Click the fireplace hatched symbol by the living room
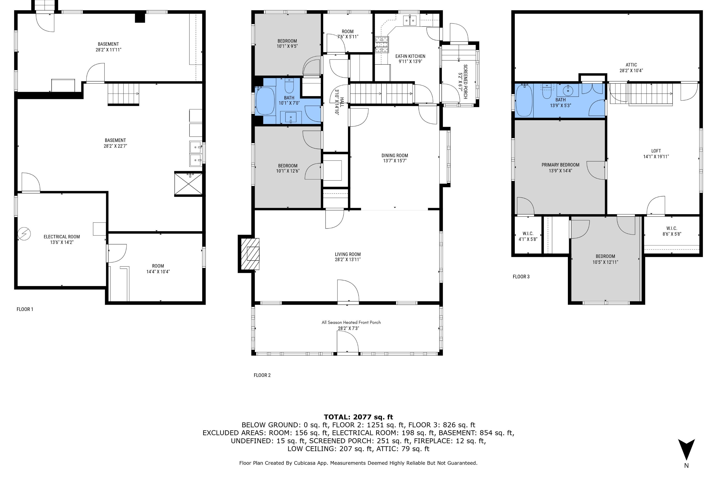(250, 254)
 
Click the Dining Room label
(395, 156)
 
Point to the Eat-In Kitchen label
(410, 56)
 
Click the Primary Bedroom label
(560, 165)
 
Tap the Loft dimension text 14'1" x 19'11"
(656, 156)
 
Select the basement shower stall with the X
(188, 184)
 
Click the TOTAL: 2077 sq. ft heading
(358, 417)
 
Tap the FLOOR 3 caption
(521, 277)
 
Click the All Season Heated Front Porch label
(351, 322)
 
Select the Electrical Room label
(62, 237)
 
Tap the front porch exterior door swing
(348, 342)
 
